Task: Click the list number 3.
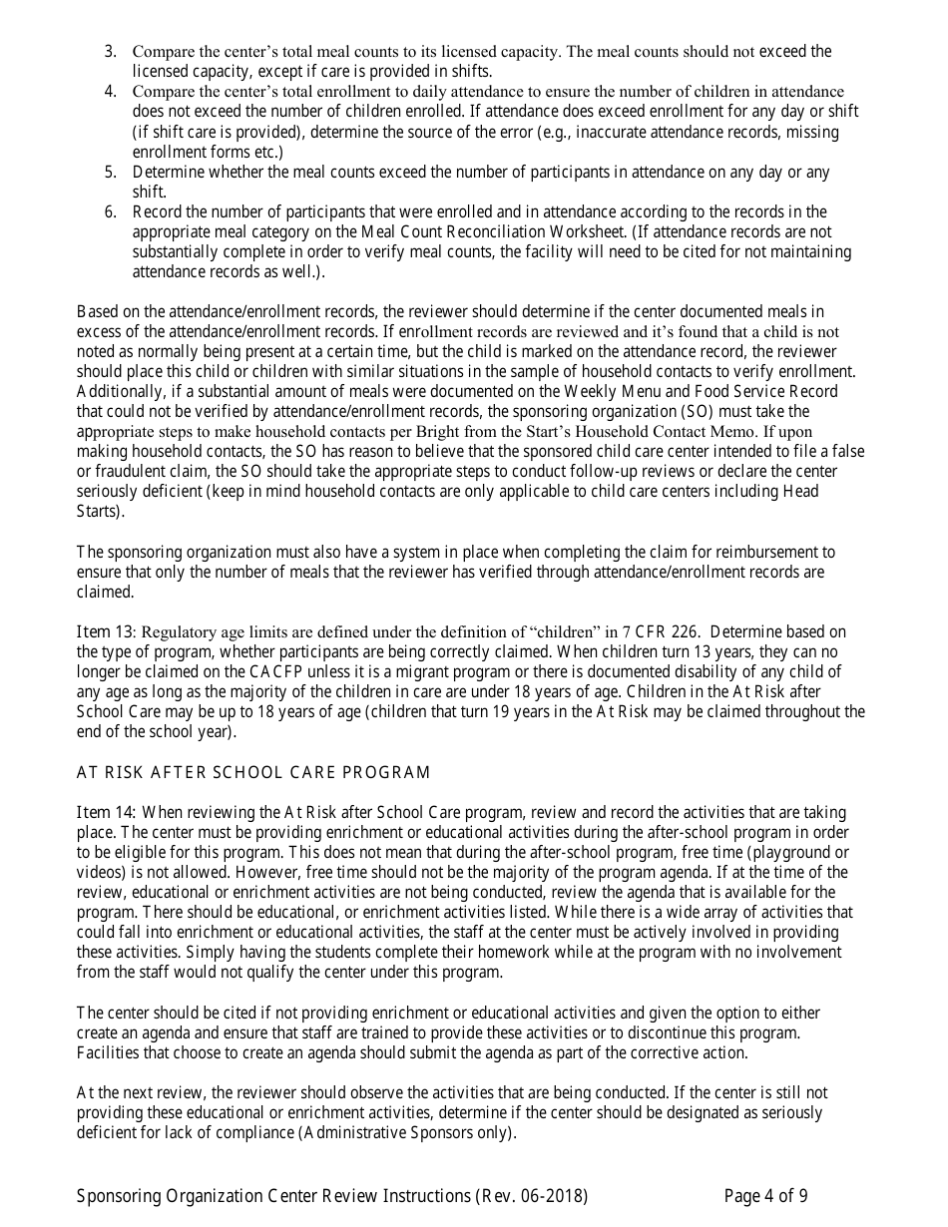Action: pyautogui.click(x=110, y=51)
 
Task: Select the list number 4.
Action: pyautogui.click(x=110, y=92)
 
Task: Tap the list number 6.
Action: pyautogui.click(x=110, y=211)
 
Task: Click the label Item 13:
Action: pyautogui.click(x=106, y=631)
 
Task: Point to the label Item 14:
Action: pyautogui.click(x=106, y=812)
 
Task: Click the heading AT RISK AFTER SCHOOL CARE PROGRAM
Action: pyautogui.click(x=253, y=772)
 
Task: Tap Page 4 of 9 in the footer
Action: pyautogui.click(x=765, y=1195)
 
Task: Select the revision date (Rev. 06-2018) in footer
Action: pyautogui.click(x=532, y=1195)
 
